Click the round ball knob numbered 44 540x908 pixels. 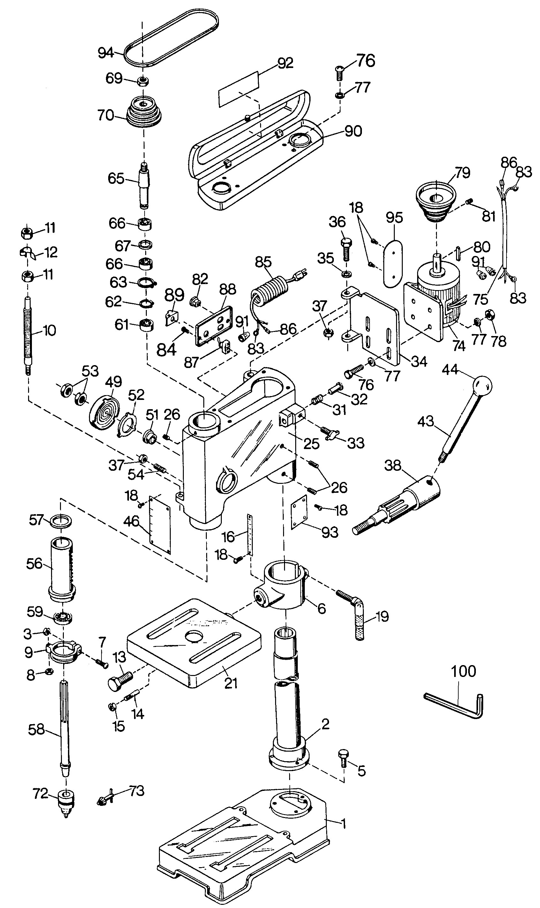pyautogui.click(x=482, y=385)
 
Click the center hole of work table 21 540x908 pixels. pyautogui.click(x=194, y=635)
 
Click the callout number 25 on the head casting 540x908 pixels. pyautogui.click(x=311, y=443)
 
